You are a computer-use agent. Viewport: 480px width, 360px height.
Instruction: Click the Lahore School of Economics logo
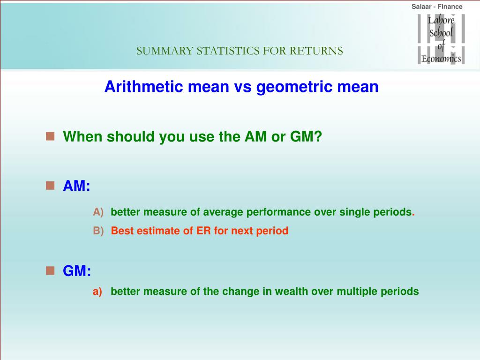tap(441, 39)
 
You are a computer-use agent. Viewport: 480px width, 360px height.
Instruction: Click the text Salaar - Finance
tap(437, 7)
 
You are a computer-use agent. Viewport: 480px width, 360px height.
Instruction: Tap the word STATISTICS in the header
tap(228, 51)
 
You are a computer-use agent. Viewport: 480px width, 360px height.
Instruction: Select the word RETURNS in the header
tap(316, 51)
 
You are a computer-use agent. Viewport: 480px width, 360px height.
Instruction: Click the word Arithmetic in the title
tap(143, 86)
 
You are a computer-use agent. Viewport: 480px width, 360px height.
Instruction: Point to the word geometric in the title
tap(294, 87)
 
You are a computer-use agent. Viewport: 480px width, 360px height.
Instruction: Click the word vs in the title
tap(242, 87)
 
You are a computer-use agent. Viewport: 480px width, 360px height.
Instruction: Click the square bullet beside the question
tap(50, 136)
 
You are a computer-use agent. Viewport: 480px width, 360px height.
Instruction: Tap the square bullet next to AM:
tap(50, 186)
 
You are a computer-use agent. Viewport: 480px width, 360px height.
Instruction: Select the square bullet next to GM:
tap(50, 270)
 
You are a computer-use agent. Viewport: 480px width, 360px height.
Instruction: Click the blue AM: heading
tap(76, 186)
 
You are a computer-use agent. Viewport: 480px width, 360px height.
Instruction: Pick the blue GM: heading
tap(77, 270)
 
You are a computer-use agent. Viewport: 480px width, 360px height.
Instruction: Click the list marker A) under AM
tap(98, 212)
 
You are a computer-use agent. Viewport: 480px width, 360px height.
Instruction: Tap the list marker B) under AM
tap(98, 231)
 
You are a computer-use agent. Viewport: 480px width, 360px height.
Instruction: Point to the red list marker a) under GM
tap(97, 292)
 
